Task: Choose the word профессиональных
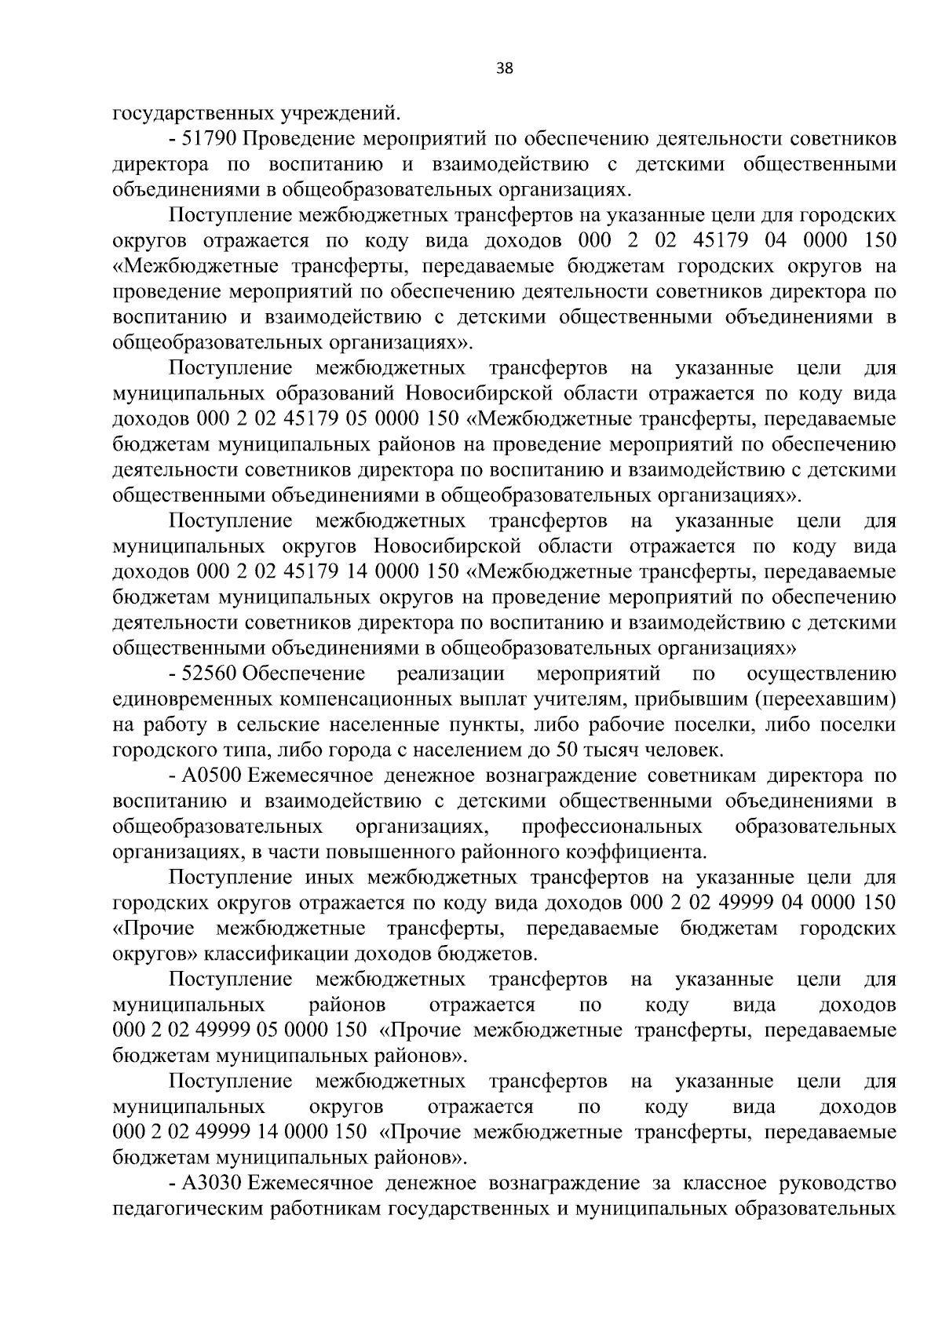(612, 827)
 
